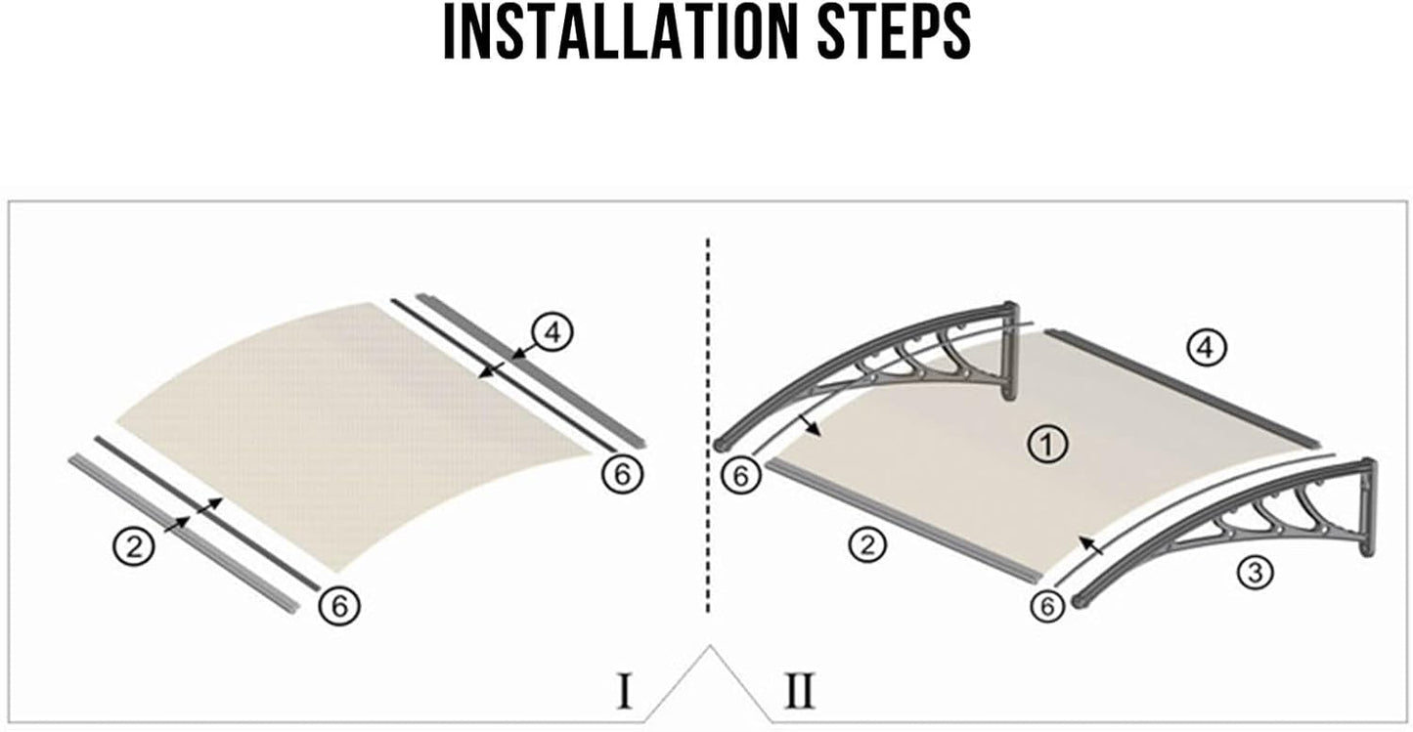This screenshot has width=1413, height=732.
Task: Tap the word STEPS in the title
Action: (x=894, y=31)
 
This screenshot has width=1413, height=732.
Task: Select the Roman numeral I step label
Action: (x=625, y=690)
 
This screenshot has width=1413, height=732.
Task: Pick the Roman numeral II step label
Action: (x=800, y=690)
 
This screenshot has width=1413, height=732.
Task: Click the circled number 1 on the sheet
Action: (x=1047, y=445)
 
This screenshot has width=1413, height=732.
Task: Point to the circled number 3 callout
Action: (x=1255, y=573)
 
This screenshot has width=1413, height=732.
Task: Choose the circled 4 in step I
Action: (x=552, y=332)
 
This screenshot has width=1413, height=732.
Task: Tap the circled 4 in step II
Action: (x=1207, y=347)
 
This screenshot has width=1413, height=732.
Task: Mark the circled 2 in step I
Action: (x=134, y=545)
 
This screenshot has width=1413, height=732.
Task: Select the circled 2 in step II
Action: (x=867, y=545)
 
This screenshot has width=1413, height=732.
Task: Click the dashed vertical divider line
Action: (x=708, y=424)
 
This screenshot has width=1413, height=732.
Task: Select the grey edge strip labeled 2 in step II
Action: (x=902, y=520)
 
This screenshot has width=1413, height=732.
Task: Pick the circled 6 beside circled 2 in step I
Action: (x=339, y=606)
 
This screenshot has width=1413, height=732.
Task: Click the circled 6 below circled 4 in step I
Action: (x=623, y=474)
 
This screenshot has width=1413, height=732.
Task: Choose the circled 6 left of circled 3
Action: (x=1047, y=607)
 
